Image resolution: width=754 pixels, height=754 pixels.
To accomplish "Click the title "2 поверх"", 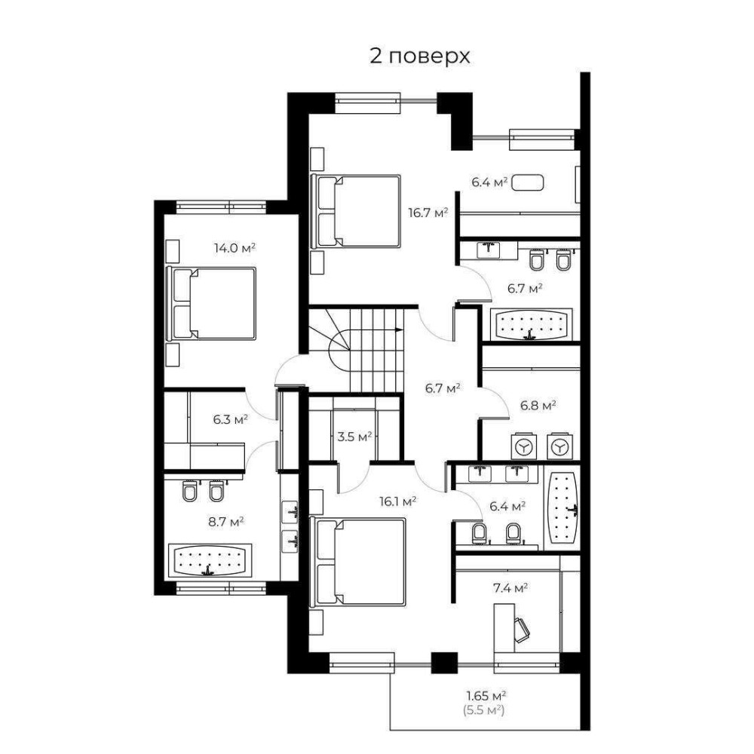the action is (419, 57).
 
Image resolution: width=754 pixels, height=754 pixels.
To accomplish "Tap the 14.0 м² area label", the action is (234, 248).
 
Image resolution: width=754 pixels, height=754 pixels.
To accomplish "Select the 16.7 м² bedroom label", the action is (428, 213).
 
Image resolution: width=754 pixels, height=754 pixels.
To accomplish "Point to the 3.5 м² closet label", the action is (354, 437).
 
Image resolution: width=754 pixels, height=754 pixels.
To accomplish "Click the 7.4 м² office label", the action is (510, 587).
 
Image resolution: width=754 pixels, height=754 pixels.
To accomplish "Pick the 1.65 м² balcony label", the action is (486, 695).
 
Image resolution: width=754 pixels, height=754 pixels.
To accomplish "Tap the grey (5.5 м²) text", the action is (484, 710).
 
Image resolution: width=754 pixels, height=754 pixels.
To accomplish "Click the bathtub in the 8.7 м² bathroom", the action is (209, 560).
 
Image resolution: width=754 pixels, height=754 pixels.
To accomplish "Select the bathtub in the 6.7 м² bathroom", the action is (531, 324).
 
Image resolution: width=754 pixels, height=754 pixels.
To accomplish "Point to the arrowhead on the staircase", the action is (399, 329).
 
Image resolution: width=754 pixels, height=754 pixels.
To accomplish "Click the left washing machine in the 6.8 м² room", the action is (523, 447).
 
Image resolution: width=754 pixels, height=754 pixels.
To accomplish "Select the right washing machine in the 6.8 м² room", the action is (559, 447).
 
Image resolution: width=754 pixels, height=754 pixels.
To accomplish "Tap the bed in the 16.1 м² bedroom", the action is (357, 561).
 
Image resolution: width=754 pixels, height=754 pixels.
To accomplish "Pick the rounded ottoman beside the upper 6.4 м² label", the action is (528, 182).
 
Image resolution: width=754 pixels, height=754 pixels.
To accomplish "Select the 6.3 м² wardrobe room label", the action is (230, 419).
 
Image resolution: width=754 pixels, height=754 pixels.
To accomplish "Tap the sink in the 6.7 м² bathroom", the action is (488, 250).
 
